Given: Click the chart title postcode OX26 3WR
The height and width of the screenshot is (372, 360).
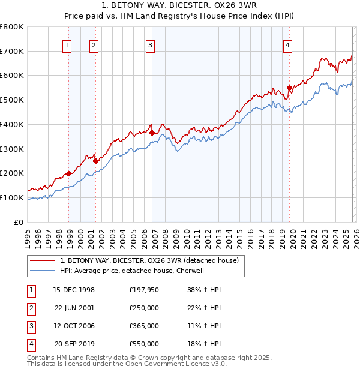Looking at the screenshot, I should click(236, 6).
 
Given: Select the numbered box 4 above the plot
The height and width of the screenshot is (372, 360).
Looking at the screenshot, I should click(288, 44).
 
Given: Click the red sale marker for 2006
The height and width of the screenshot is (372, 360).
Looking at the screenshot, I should click(152, 133).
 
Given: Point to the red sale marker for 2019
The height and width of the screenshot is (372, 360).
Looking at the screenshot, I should click(289, 88).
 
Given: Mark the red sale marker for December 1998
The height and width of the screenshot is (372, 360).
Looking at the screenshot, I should click(69, 173).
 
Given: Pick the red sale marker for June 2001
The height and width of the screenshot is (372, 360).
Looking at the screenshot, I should click(95, 161).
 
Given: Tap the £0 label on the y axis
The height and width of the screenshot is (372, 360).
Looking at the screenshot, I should click(19, 222).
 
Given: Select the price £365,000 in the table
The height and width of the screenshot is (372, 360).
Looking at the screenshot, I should click(143, 326).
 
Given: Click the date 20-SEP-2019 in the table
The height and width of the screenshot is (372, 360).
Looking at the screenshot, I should click(74, 344).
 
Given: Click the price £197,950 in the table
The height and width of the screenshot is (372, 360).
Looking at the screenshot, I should click(143, 290).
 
